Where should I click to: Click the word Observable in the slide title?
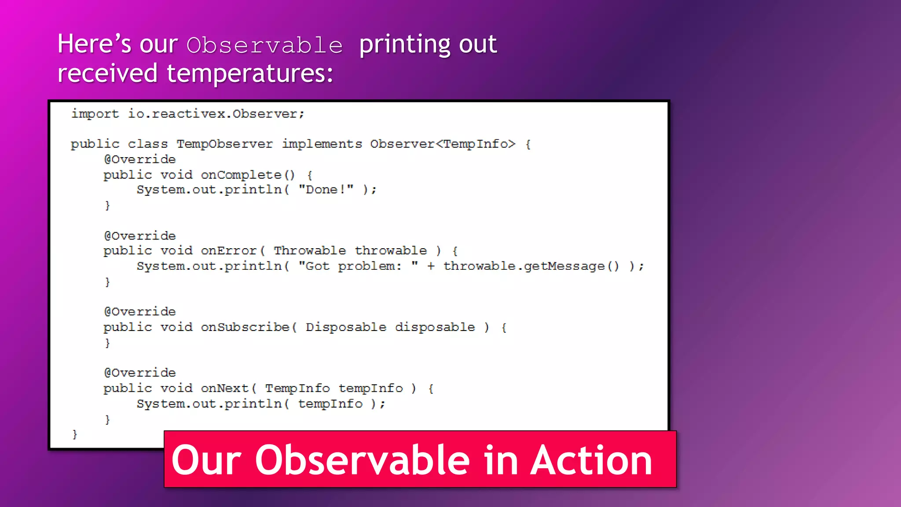(x=264, y=45)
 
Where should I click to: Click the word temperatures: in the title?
(x=249, y=73)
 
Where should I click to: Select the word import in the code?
(x=95, y=114)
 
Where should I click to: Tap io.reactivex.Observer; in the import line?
(x=216, y=114)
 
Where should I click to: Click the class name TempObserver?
(x=224, y=144)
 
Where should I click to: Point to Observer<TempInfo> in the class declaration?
(x=442, y=144)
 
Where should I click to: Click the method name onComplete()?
(x=248, y=175)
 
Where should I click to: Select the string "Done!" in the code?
(x=326, y=190)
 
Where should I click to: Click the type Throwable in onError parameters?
(x=310, y=251)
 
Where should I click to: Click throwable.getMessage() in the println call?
(x=531, y=266)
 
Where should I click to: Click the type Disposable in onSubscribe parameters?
(x=346, y=327)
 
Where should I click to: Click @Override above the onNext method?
(x=140, y=373)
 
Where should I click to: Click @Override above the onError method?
(x=140, y=236)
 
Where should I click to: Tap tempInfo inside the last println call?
(x=330, y=404)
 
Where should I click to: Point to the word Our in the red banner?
(x=206, y=460)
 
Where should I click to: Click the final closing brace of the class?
(x=75, y=434)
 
